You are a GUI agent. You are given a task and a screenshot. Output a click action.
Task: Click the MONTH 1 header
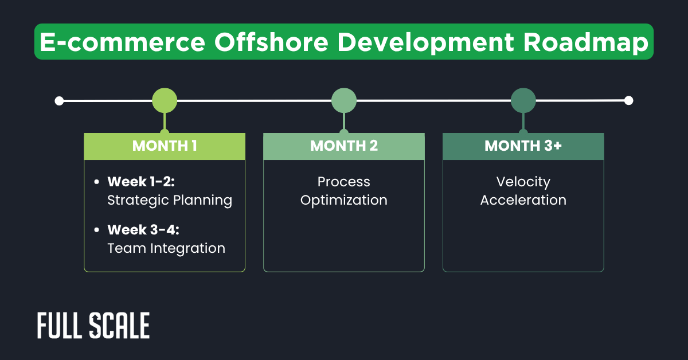click(x=165, y=146)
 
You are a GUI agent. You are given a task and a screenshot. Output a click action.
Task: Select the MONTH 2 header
click(x=344, y=146)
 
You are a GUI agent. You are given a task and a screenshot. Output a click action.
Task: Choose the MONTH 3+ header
click(x=523, y=146)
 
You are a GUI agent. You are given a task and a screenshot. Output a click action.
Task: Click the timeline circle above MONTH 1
click(x=165, y=101)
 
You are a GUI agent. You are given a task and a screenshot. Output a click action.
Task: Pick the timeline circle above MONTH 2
click(x=344, y=101)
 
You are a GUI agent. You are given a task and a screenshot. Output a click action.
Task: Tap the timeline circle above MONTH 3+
click(x=523, y=101)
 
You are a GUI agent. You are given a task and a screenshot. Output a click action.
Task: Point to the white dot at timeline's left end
click(x=59, y=101)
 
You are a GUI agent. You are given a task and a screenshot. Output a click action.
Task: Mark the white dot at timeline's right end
click(x=628, y=100)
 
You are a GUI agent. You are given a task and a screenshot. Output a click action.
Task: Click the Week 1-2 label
click(x=140, y=182)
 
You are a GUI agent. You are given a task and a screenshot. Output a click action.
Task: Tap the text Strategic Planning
click(x=170, y=200)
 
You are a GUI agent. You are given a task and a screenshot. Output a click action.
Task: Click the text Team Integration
click(x=166, y=248)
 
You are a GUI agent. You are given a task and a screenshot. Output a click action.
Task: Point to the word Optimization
click(x=344, y=200)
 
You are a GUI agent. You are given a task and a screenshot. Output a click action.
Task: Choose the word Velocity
click(x=523, y=182)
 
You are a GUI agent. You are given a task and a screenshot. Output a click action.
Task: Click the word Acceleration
click(x=523, y=200)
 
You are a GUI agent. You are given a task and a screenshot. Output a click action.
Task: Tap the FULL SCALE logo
click(x=93, y=326)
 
